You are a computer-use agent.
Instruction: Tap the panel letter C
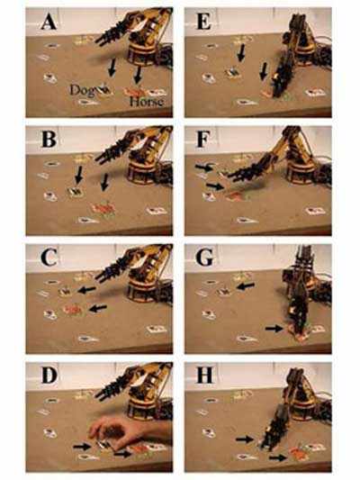50,258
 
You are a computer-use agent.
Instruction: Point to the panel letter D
50,376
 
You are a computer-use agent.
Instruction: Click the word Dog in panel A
87,89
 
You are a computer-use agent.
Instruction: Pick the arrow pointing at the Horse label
135,72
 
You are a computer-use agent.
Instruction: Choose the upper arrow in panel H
244,438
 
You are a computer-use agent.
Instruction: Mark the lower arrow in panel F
213,186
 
